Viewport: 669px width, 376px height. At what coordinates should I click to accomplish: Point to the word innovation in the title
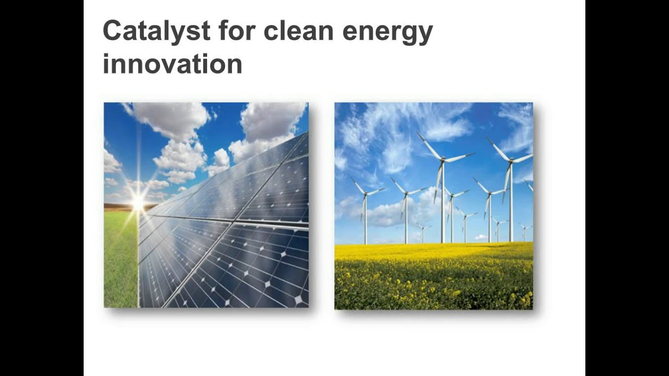[172, 64]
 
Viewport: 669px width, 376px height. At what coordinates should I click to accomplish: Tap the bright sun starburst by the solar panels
[138, 203]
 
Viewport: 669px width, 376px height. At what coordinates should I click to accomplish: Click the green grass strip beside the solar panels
[120, 261]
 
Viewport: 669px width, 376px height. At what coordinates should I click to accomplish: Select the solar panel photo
[206, 205]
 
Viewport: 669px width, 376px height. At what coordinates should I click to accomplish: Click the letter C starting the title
[112, 31]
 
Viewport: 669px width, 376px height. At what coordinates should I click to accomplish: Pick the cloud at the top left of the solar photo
[167, 117]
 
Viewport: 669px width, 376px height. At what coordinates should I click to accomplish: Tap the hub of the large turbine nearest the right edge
[510, 162]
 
